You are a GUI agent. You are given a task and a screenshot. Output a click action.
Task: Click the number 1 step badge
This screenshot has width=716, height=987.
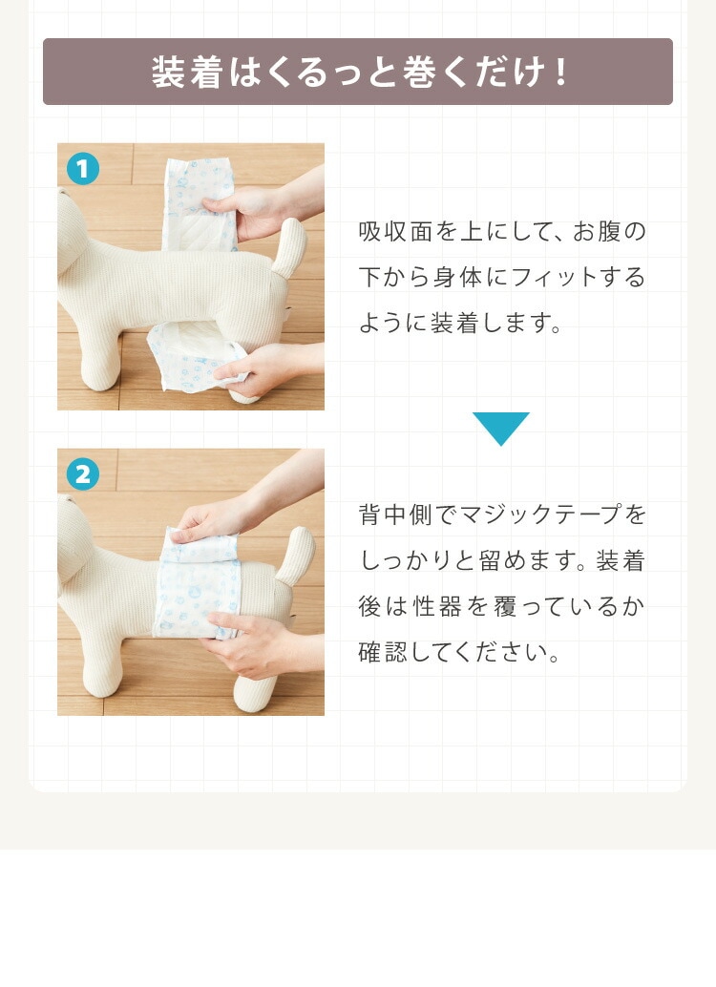(82, 169)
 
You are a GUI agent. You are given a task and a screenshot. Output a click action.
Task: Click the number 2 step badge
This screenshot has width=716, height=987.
(82, 474)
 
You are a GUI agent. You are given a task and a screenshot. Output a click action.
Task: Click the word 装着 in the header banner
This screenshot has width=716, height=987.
(187, 72)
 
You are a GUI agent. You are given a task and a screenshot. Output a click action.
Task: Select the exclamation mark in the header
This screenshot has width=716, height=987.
(560, 72)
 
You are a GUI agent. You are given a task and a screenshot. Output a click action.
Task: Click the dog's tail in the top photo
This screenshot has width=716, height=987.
(291, 246)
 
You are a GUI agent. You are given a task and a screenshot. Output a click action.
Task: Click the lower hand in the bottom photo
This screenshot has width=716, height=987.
(249, 645)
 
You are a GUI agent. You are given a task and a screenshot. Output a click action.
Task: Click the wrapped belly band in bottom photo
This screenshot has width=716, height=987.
(197, 583)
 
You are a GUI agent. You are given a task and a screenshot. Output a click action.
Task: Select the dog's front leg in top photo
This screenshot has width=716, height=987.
(101, 352)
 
